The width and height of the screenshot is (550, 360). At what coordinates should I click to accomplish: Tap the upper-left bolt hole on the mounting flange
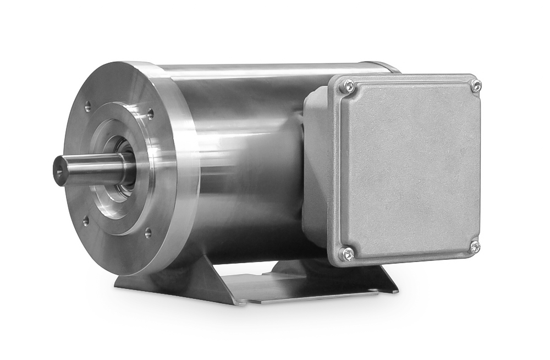point(87,107)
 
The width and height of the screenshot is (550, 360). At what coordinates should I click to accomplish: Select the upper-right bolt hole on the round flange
point(150,114)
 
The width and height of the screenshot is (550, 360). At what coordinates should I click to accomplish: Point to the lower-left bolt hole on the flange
point(86,221)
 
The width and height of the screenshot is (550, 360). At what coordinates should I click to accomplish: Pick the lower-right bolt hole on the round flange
point(147,233)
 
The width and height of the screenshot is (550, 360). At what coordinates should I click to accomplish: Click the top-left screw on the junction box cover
point(347,86)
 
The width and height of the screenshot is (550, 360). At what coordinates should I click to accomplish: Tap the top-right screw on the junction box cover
point(475,85)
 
